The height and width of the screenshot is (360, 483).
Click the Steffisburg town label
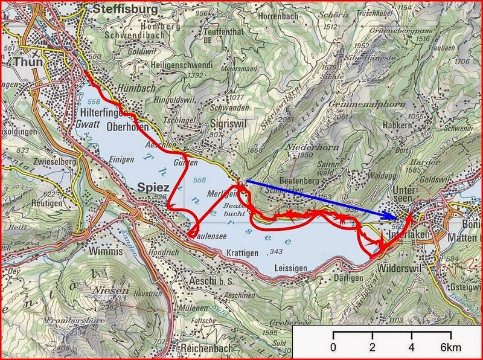click(125, 10)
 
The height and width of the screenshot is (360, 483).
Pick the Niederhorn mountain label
click(293, 146)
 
